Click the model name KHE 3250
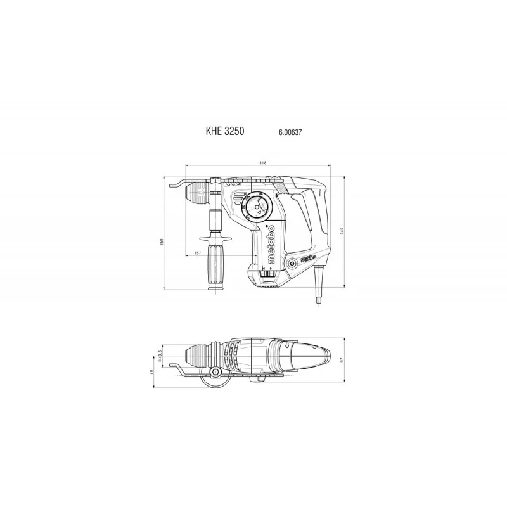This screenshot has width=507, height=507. pyautogui.click(x=224, y=132)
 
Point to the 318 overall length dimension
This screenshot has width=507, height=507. pyautogui.click(x=262, y=164)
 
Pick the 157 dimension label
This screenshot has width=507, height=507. pyautogui.click(x=199, y=253)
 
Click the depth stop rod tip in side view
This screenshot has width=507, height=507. pyautogui.click(x=174, y=184)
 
